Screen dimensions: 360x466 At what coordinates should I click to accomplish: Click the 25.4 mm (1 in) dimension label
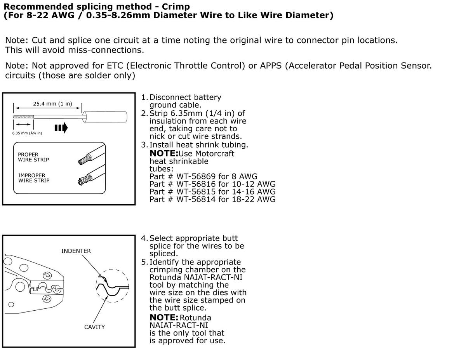tap(52, 104)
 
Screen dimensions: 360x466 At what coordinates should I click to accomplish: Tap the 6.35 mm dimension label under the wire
tap(27, 133)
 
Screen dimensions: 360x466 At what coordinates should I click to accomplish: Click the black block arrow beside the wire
tap(61, 128)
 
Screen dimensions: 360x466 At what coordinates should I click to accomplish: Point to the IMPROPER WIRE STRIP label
tap(34, 178)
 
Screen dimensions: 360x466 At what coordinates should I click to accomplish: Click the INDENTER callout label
tap(76, 251)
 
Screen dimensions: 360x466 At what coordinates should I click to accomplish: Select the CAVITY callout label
tap(94, 327)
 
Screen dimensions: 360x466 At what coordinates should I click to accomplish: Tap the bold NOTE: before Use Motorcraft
tap(164, 153)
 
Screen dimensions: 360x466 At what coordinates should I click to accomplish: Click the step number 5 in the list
tap(144, 262)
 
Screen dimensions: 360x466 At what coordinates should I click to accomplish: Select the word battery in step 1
tap(207, 97)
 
